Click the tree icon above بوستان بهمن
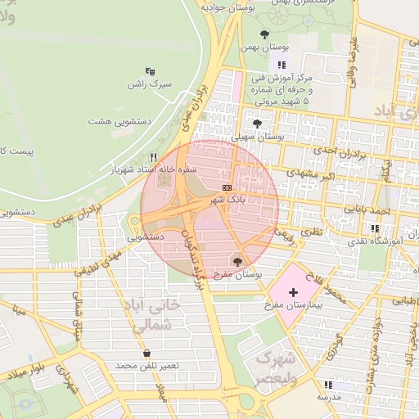tap(264, 34)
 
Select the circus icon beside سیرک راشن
tap(150, 72)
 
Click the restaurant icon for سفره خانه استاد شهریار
tap(153, 157)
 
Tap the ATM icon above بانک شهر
tap(226, 188)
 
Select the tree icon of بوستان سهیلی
tap(258, 124)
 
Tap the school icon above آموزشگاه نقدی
tap(375, 228)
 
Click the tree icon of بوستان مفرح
tap(237, 262)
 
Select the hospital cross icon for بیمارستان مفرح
tap(293, 292)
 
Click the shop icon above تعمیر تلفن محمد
tap(146, 354)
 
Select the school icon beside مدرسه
tap(328, 385)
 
